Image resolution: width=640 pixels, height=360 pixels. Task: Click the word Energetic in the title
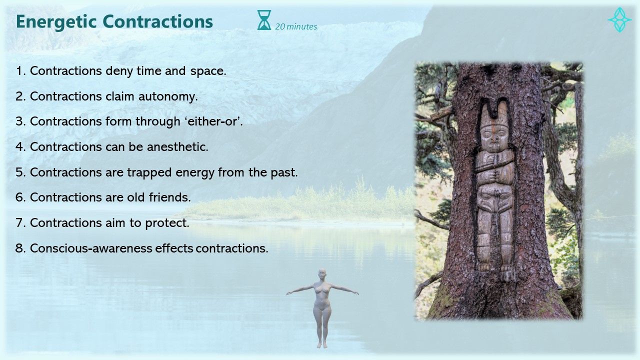[x=56, y=22]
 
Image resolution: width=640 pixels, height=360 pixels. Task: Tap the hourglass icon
[x=264, y=20]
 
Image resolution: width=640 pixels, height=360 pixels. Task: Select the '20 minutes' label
[x=296, y=26]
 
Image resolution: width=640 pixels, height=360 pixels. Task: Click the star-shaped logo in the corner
[x=619, y=19]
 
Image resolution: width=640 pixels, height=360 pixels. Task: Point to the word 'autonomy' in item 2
[x=168, y=96]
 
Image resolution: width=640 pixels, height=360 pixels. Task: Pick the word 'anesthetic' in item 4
[x=177, y=147]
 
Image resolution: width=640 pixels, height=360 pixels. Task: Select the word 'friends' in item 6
[x=169, y=197]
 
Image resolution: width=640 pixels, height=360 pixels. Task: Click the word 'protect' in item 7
[x=167, y=223]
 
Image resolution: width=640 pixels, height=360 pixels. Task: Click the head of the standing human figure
[x=322, y=274]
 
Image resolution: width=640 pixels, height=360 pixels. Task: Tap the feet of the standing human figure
[x=322, y=344]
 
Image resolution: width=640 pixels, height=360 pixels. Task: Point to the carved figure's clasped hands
[x=493, y=175]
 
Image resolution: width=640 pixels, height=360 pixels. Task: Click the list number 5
[x=21, y=172]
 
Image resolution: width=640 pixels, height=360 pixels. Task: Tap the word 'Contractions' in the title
[x=157, y=21]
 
